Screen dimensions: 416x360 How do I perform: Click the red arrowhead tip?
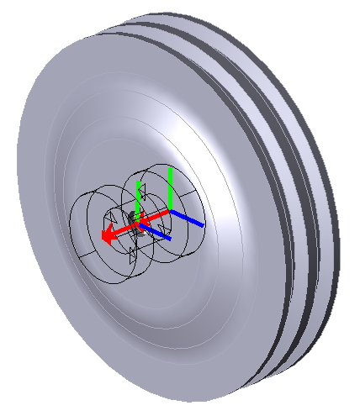103,238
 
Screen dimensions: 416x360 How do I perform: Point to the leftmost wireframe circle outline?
72,227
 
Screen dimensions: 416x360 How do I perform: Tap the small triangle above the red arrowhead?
111,220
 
